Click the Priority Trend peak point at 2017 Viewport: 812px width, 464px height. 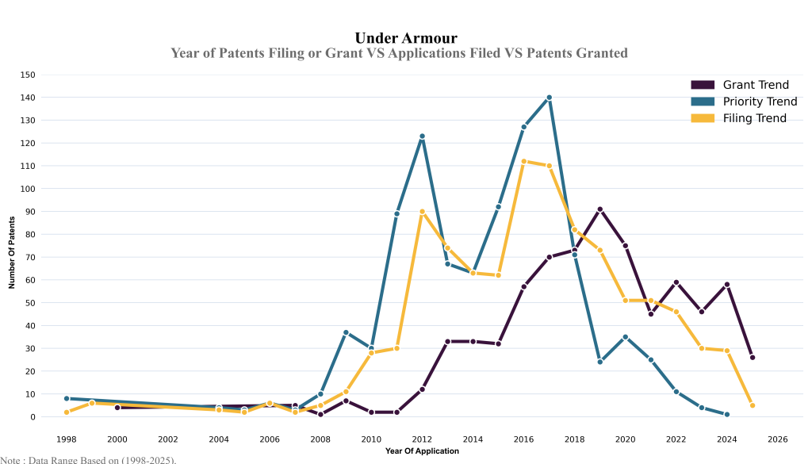coord(549,98)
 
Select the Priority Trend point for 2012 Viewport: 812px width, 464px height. coord(422,136)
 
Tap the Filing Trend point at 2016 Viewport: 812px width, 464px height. coord(523,161)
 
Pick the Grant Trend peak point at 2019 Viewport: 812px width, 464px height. coord(599,209)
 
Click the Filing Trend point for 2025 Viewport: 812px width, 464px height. coord(752,405)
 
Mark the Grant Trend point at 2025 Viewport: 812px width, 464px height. coord(752,358)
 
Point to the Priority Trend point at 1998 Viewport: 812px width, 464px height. coord(67,398)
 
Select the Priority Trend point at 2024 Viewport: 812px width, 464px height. coord(726,414)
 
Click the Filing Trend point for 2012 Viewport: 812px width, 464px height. coord(422,212)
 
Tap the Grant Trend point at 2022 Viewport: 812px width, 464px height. coord(676,282)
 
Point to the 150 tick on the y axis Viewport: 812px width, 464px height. coord(28,75)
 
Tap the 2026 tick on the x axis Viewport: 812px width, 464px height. coord(777,439)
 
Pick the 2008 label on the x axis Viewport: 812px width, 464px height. coord(320,439)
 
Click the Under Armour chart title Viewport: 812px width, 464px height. coord(405,38)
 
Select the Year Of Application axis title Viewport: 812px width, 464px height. coord(422,451)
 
